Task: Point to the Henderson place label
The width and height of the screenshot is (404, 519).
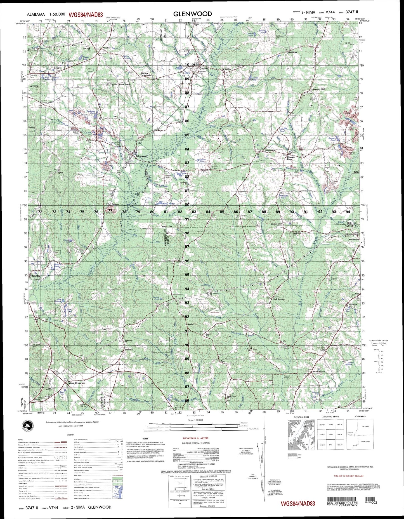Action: pyautogui.click(x=270, y=151)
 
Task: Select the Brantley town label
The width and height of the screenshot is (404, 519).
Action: pyautogui.click(x=36, y=276)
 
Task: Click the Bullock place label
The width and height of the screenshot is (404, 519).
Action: pyautogui.click(x=129, y=349)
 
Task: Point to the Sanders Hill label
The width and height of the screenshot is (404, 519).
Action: pyautogui.click(x=318, y=90)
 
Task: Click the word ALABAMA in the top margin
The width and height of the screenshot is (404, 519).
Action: pyautogui.click(x=36, y=14)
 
